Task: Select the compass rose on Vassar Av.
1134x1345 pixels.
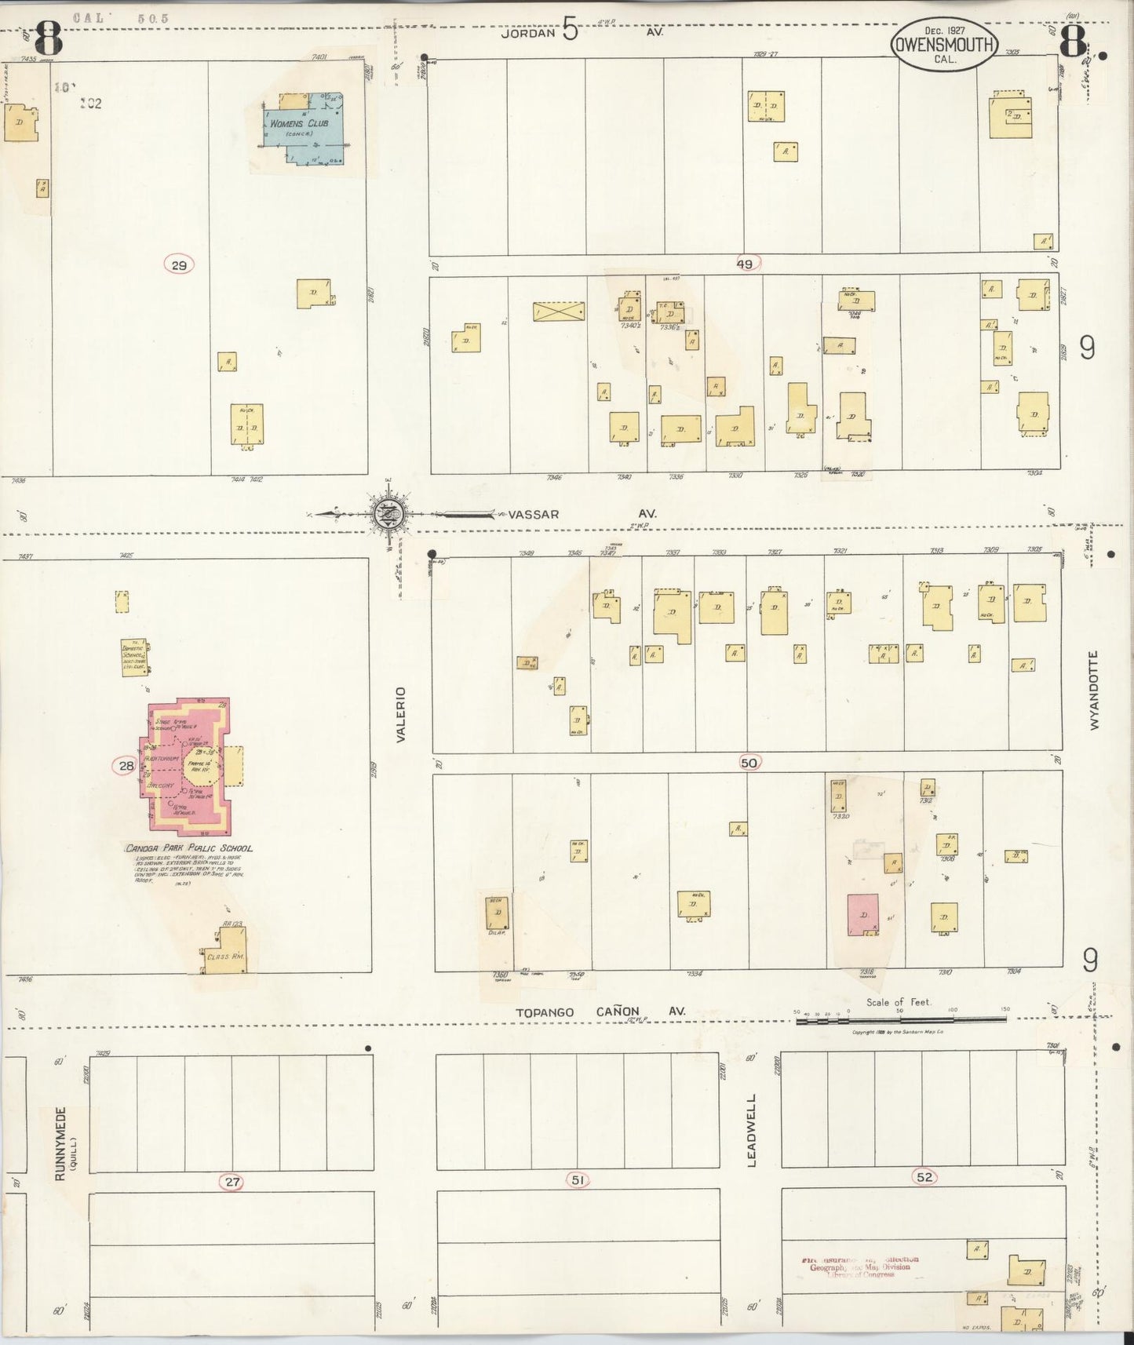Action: (x=390, y=515)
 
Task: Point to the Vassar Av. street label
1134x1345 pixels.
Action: (x=534, y=515)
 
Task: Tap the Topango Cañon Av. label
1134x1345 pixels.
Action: (x=600, y=1011)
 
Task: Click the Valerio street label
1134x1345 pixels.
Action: (x=400, y=714)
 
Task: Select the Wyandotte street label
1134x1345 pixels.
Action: (x=1094, y=690)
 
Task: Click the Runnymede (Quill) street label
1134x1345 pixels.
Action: (x=63, y=1143)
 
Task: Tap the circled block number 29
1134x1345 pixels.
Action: (x=179, y=265)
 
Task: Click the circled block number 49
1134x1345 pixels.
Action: (x=745, y=264)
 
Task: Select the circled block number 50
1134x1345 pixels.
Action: (x=749, y=763)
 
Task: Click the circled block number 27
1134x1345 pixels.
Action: (x=232, y=1182)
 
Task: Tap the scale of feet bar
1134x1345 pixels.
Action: (x=901, y=1019)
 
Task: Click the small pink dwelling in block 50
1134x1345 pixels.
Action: (x=863, y=915)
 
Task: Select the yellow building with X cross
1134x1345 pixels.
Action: (x=559, y=312)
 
